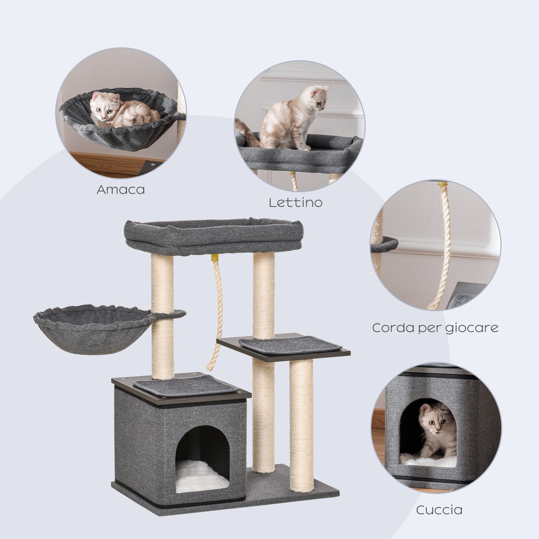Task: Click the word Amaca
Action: [121, 189]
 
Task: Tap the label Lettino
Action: [296, 203]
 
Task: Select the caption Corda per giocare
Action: [435, 327]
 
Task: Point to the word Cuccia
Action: [439, 510]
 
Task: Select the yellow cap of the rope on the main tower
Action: [215, 258]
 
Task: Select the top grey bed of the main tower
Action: [214, 236]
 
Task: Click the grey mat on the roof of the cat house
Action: [185, 386]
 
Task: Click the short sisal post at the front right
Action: [302, 425]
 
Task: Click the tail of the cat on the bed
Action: [247, 132]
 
